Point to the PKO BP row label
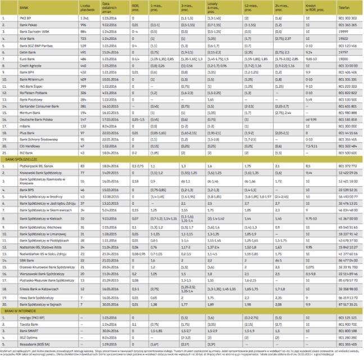(x=26, y=20)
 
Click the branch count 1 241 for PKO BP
(x=85, y=20)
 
